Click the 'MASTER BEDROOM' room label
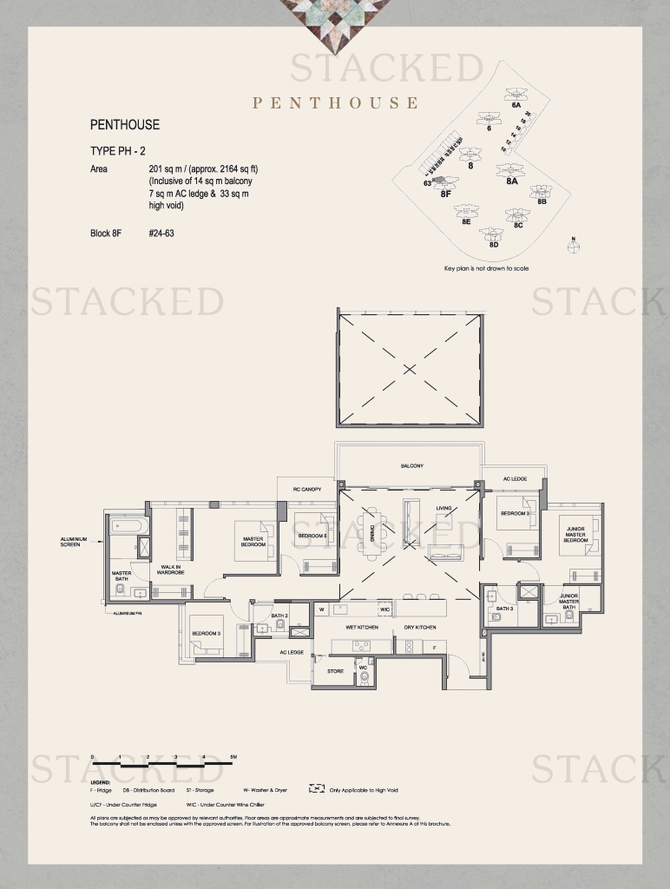253,542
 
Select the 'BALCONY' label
412,466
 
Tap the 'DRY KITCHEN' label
420,627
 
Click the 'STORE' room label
335,671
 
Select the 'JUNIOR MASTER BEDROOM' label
576,534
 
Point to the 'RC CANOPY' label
307,490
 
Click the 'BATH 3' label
505,609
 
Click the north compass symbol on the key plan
572,246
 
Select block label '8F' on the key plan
446,194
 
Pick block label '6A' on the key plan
516,105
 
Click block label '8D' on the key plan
493,245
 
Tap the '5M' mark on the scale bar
233,758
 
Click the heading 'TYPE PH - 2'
117,151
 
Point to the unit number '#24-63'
161,233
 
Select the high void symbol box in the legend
317,790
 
